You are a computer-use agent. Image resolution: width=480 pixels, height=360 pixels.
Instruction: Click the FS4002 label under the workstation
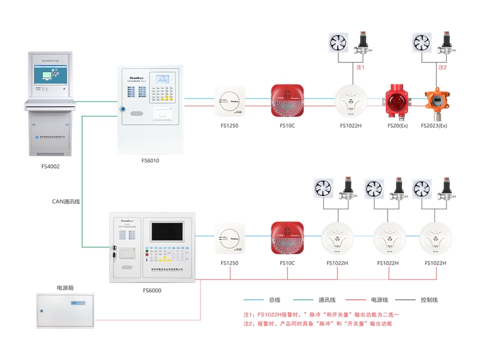pos(50,163)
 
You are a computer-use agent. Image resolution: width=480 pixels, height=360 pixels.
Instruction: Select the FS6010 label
pos(150,160)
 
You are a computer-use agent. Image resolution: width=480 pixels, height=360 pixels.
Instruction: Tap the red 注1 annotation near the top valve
pos(361,67)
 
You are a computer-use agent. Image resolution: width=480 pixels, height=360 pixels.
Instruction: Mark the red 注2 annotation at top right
pos(442,67)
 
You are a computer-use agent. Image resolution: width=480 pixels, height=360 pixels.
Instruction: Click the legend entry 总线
pos(275,299)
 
